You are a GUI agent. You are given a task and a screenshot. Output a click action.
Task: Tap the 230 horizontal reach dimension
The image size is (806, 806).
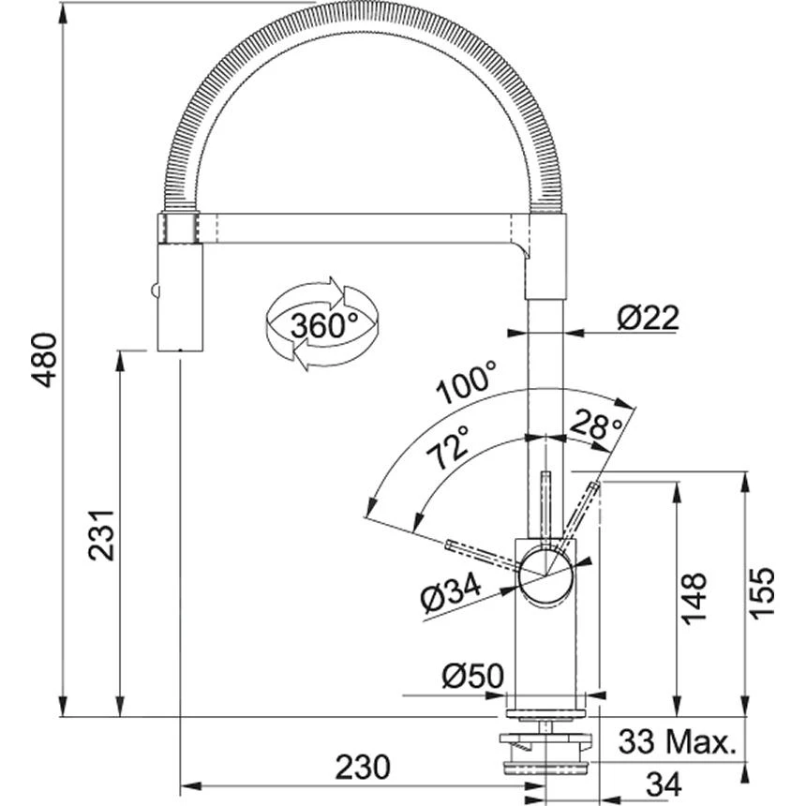[361, 767]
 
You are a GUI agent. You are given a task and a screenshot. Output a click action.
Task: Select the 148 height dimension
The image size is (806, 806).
[694, 598]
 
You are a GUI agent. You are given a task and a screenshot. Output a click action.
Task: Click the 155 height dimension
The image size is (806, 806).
[764, 593]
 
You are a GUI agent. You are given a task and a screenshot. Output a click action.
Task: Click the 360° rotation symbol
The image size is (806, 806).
[321, 324]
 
